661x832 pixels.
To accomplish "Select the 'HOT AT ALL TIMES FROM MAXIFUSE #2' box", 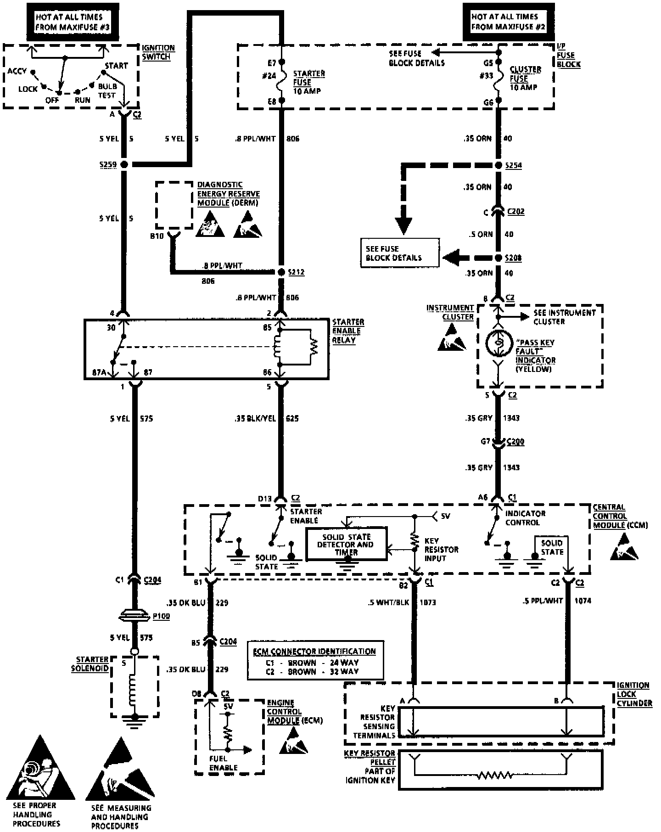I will (508, 22).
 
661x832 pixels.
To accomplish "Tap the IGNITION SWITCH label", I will (158, 52).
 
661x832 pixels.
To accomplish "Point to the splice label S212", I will (296, 272).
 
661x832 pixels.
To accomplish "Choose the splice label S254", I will (513, 165).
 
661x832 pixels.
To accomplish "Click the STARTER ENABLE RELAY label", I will (348, 331).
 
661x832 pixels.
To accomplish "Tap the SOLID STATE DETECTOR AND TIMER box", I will (347, 544).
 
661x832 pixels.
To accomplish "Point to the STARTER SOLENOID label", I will (90, 664).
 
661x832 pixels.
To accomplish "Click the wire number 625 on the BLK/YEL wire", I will (292, 418).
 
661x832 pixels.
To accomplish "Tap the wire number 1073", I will (428, 602).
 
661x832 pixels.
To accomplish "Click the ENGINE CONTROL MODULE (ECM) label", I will (294, 712).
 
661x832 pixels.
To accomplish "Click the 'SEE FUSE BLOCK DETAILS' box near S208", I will (399, 253).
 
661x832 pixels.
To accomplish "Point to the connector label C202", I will (515, 212).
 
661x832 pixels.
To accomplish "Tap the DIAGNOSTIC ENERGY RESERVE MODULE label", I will (228, 194).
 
